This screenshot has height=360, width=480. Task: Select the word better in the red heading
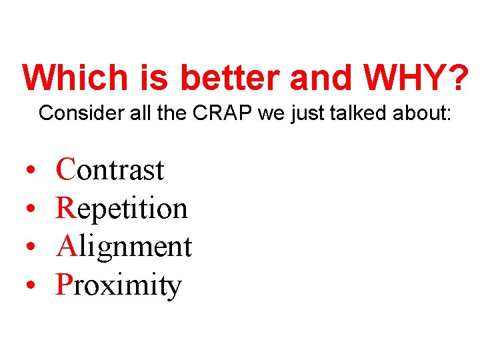click(x=230, y=78)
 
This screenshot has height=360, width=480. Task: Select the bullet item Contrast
click(x=110, y=170)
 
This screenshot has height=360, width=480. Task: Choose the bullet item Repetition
click(x=122, y=209)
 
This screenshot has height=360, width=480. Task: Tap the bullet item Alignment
click(x=124, y=247)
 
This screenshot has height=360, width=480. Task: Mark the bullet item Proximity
click(x=119, y=285)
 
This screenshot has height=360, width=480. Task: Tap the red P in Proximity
click(x=64, y=285)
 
